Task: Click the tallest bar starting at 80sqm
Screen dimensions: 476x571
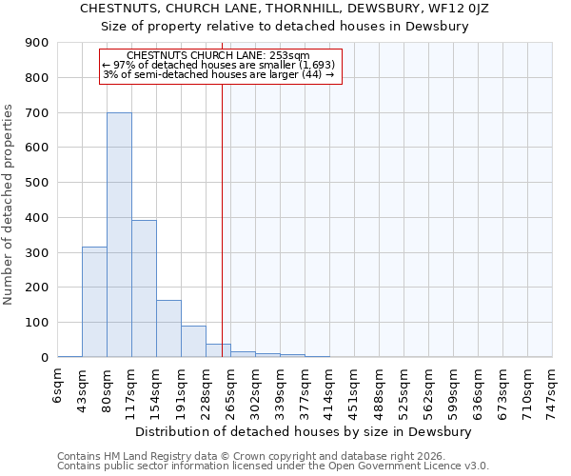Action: point(119,234)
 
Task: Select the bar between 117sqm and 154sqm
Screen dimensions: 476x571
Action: point(144,288)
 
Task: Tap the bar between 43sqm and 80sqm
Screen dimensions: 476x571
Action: point(94,302)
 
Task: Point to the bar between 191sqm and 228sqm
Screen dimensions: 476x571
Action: point(193,341)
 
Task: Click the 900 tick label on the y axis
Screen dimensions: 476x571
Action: point(37,43)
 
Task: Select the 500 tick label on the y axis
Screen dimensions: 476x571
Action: point(37,183)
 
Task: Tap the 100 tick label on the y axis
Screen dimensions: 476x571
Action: point(37,323)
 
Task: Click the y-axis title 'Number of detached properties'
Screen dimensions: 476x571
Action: point(9,205)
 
